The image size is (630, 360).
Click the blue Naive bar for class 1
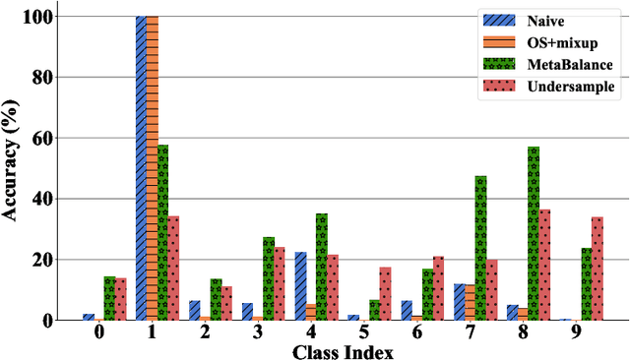pos(141,167)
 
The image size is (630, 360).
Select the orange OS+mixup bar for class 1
pos(152,167)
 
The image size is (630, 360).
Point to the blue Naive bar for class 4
pos(300,286)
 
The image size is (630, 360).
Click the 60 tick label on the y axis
pos(41,138)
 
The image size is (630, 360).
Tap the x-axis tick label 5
pos(363,332)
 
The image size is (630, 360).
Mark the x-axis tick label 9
pos(576,332)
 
